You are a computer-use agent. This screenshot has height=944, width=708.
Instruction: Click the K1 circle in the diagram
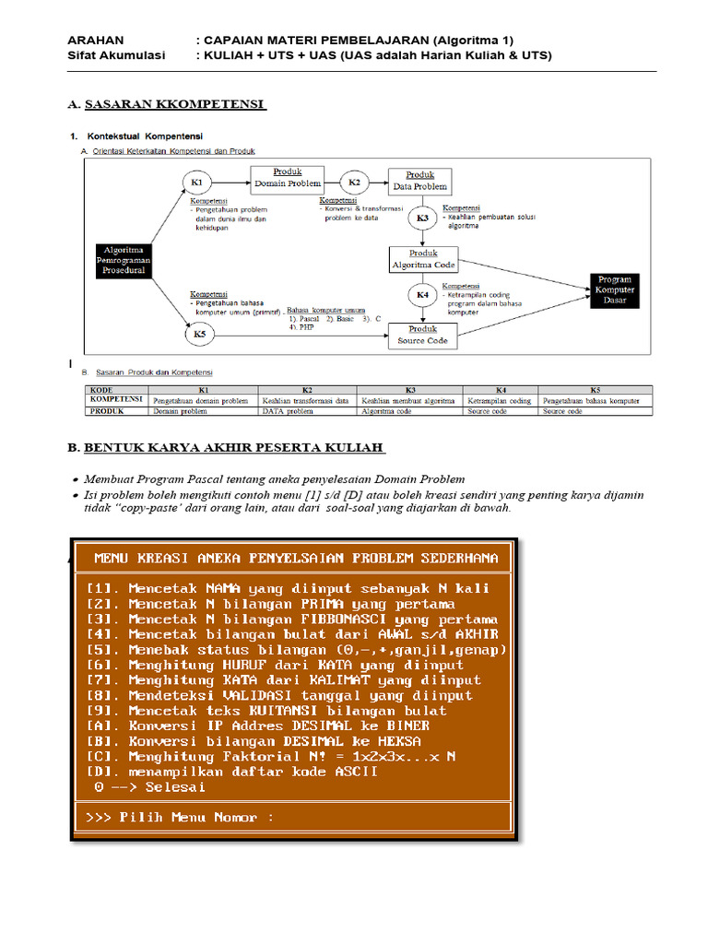point(195,182)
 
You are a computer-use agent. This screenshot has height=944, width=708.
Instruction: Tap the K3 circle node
point(423,218)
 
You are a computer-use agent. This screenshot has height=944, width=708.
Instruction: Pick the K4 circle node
point(423,295)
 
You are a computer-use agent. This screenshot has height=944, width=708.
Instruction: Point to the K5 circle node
point(200,334)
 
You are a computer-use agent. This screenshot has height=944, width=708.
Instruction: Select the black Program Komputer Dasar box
point(614,290)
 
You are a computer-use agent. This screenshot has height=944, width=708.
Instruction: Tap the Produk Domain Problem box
point(288,179)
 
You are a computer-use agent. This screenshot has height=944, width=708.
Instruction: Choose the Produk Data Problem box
point(419,181)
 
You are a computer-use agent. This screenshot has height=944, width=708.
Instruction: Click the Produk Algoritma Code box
point(423,259)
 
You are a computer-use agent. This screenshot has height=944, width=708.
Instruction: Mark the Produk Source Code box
point(422,335)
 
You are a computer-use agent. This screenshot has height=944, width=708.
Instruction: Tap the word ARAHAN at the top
point(95,40)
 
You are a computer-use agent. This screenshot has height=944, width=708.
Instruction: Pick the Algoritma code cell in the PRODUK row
point(409,411)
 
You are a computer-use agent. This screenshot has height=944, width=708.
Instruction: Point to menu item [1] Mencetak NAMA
point(288,587)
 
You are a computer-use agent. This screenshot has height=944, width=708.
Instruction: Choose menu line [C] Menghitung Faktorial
point(272,756)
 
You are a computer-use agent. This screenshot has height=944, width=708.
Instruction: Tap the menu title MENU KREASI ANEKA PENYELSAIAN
point(297,558)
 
